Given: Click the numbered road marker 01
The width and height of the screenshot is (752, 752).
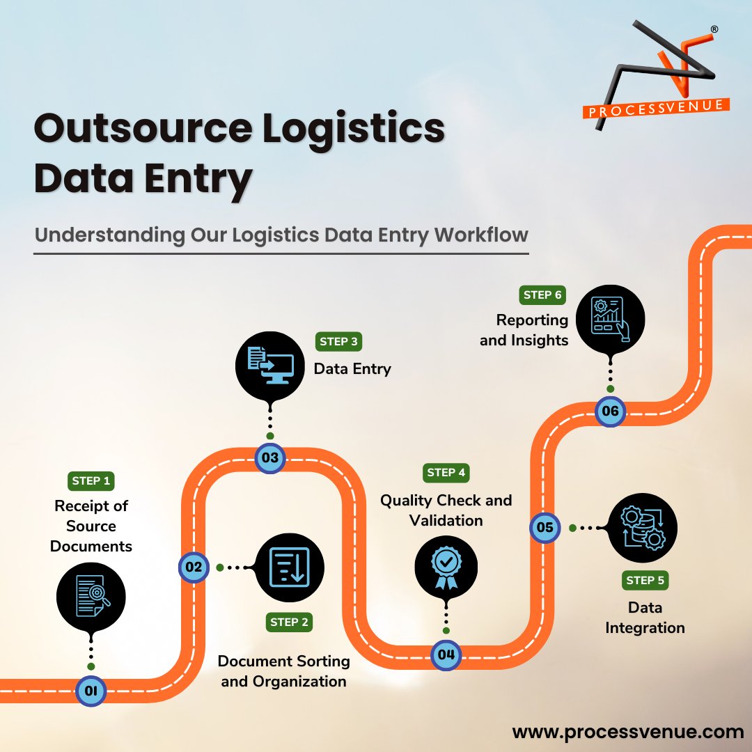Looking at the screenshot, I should (x=91, y=691).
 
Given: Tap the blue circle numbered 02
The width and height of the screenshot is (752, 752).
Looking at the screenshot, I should (x=194, y=567).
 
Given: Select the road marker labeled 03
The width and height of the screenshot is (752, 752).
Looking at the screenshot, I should (x=270, y=458).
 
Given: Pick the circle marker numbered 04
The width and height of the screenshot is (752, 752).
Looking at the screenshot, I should (x=446, y=655).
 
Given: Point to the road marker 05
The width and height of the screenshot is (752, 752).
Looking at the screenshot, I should (x=545, y=528).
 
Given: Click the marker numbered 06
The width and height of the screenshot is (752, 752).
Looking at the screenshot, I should (x=610, y=411).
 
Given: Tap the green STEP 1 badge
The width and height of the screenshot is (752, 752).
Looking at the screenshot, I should (x=91, y=480).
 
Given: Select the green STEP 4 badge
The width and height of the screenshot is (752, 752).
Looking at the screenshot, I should (x=446, y=473).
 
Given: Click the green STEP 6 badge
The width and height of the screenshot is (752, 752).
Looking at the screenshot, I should (x=542, y=295).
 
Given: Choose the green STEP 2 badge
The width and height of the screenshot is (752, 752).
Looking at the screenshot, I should (x=289, y=622).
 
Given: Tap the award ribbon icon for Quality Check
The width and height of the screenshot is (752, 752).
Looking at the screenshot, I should (x=446, y=566).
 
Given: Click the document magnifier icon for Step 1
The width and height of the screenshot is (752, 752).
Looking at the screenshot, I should (x=91, y=597).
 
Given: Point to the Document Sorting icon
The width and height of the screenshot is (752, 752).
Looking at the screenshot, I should (x=289, y=567).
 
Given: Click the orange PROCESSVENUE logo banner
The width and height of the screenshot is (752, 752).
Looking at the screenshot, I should (x=656, y=110).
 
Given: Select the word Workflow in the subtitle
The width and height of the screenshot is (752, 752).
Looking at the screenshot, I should (x=481, y=235).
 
